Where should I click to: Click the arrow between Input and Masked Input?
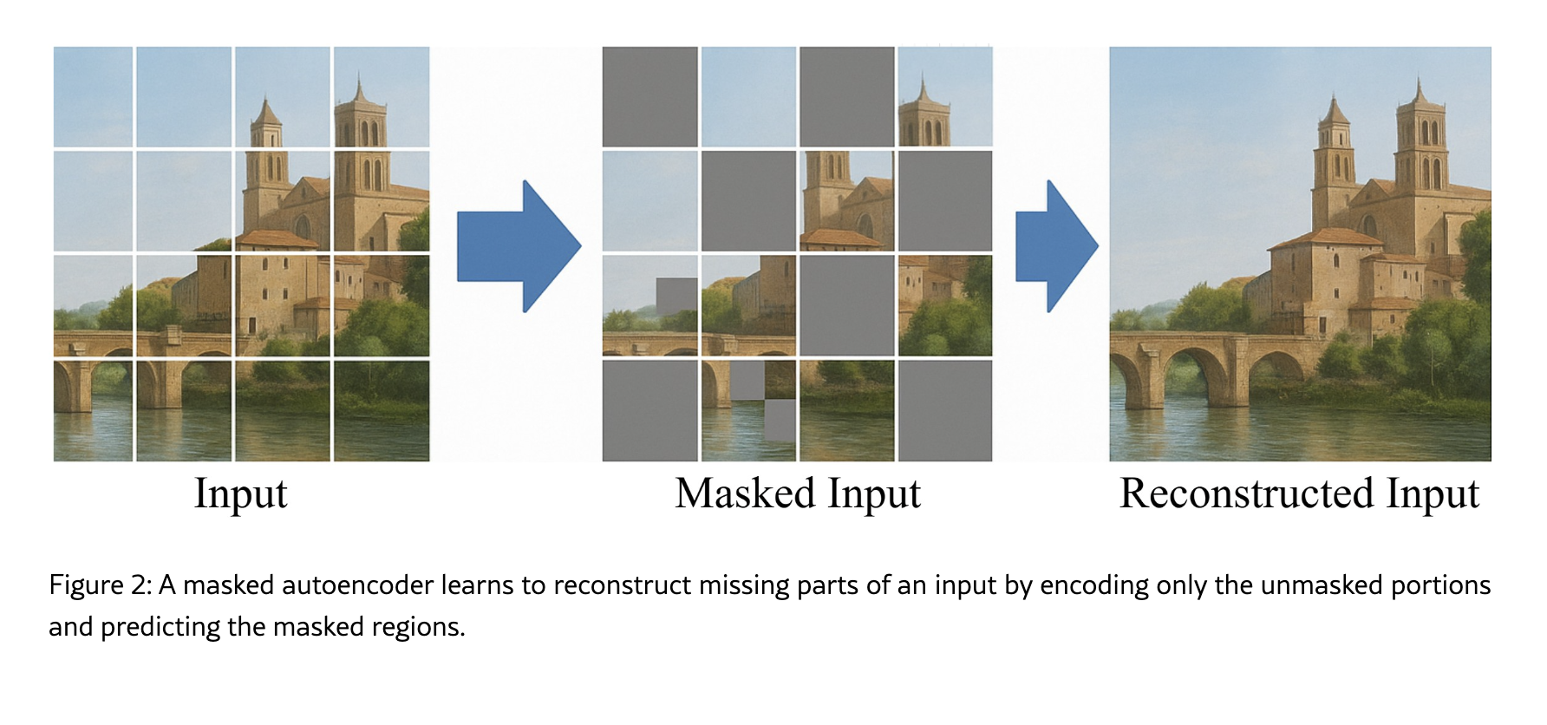[518, 246]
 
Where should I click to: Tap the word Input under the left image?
[240, 494]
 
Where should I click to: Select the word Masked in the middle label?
[745, 494]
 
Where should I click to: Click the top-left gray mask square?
[649, 96]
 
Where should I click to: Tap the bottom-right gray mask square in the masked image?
[945, 410]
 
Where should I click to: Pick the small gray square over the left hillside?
[676, 295]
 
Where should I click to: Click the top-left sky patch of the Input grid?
[93, 96]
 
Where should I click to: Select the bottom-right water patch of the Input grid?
[382, 410]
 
